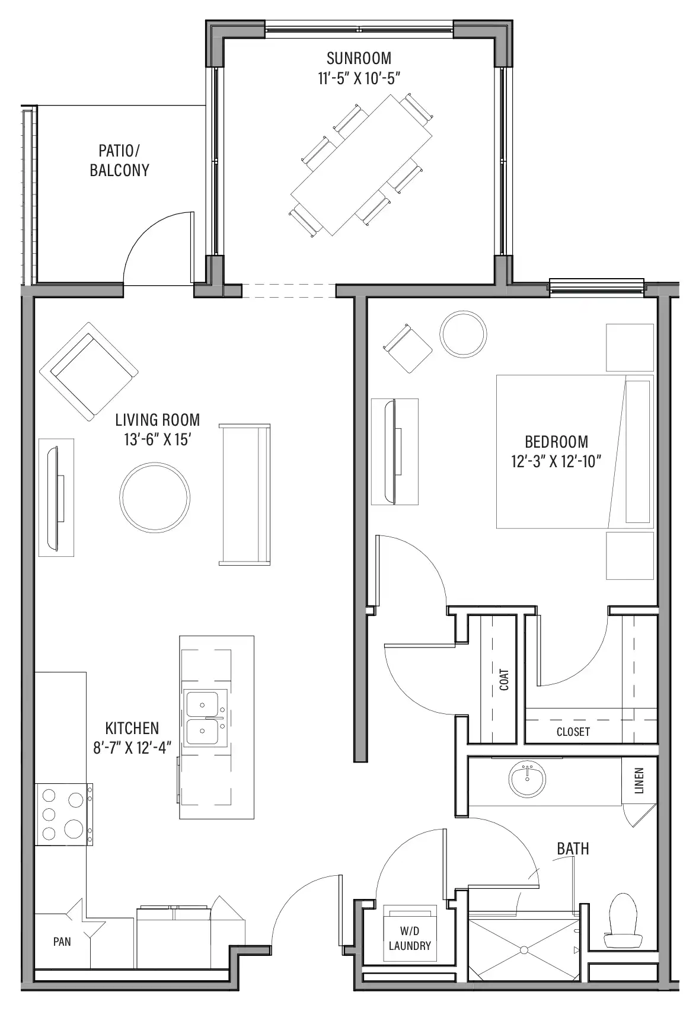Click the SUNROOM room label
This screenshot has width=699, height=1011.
click(x=359, y=58)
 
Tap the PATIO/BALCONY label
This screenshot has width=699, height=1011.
click(x=119, y=160)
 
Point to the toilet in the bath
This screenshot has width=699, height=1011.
click(x=623, y=921)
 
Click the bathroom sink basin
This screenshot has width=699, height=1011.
click(x=527, y=779)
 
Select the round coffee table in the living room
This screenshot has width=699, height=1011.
click(x=155, y=497)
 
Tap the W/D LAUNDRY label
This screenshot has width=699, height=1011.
click(x=410, y=938)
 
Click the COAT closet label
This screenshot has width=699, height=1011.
click(x=504, y=680)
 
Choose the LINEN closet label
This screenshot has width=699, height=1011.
click(x=639, y=780)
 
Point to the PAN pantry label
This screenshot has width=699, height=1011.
click(x=62, y=942)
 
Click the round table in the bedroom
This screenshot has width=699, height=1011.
click(x=464, y=334)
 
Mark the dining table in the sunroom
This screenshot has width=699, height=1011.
click(x=362, y=165)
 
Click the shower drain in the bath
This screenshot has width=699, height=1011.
click(x=524, y=950)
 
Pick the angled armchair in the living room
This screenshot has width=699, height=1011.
click(x=89, y=371)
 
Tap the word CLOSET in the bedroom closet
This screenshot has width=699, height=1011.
click(x=573, y=732)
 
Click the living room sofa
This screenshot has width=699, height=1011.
click(x=245, y=494)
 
